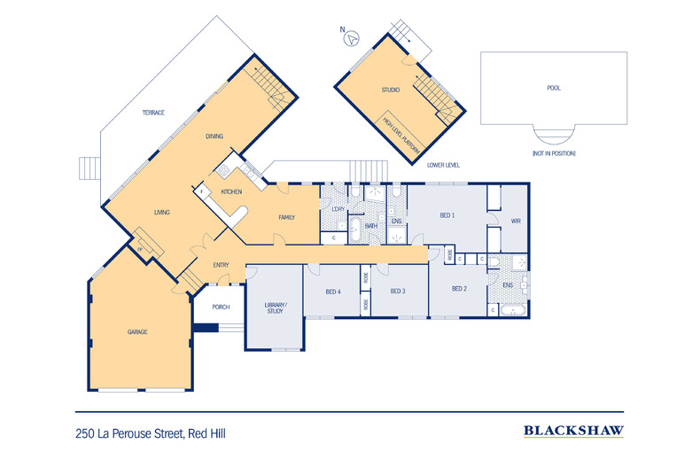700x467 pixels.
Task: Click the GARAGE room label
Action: point(136,331)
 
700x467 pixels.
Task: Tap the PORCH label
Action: point(222,307)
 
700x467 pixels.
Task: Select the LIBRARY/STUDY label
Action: point(276,308)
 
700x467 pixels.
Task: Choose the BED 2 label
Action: point(459,288)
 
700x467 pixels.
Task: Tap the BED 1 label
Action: point(447,215)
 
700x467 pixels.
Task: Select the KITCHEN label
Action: point(231,192)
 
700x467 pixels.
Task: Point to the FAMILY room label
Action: point(286,217)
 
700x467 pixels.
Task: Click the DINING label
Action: point(214,136)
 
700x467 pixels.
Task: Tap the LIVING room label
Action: point(161,213)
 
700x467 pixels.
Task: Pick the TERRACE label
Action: point(155,113)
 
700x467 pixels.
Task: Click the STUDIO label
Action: point(391,90)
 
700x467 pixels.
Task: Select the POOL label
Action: point(554,88)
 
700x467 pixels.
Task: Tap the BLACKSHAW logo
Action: point(573,432)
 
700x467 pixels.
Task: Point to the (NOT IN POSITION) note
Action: point(553,153)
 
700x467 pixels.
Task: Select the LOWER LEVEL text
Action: point(443,165)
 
